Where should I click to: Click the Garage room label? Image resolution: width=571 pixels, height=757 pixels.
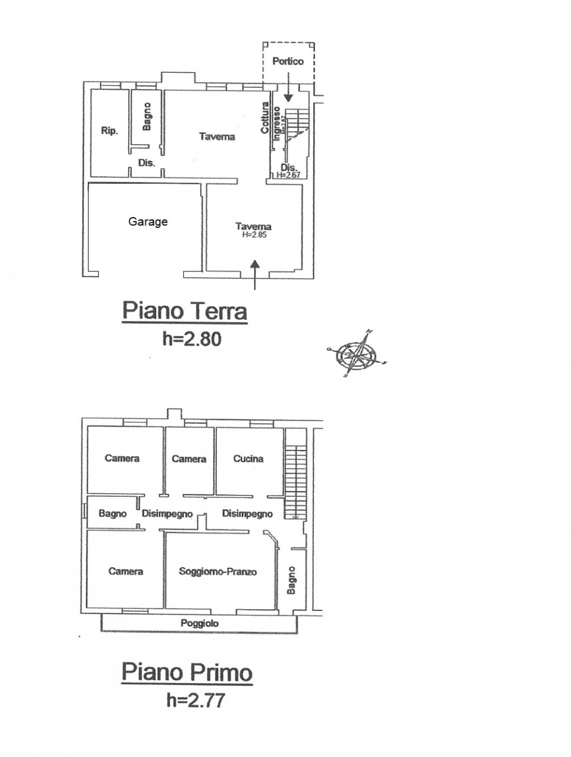[x=148, y=222]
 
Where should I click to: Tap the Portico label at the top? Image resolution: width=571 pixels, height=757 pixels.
[x=288, y=61]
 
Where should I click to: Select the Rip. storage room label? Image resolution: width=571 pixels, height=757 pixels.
[x=109, y=131]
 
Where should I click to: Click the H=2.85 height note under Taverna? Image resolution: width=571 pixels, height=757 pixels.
[x=254, y=234]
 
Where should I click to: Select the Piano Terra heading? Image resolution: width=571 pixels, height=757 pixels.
[x=184, y=310]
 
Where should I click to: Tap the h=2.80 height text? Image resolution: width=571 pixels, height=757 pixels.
[x=192, y=338]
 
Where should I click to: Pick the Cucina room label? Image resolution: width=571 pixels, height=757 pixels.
[x=248, y=458]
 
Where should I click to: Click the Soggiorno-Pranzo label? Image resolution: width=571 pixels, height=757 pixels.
[x=218, y=571]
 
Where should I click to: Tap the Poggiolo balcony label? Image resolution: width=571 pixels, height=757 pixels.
[x=200, y=623]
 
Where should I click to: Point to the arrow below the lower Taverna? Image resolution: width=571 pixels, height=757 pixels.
[x=255, y=275]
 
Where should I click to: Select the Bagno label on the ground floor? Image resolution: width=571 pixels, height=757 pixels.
[x=147, y=117]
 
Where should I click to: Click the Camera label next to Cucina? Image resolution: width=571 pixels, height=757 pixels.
[x=189, y=458]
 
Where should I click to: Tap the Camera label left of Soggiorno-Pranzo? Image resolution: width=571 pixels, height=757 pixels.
[x=126, y=571]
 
